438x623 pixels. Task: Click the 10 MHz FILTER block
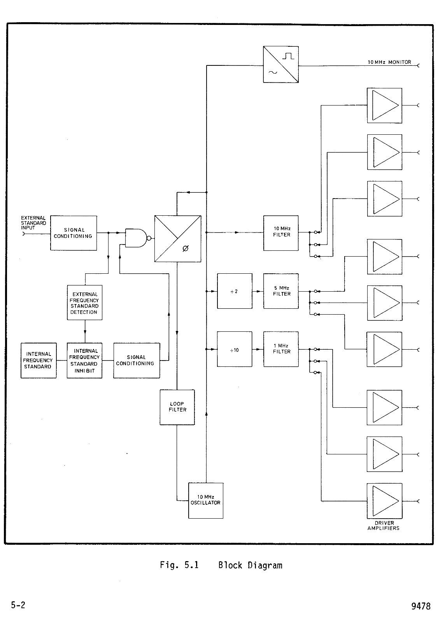point(281,233)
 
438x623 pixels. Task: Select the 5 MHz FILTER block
point(281,291)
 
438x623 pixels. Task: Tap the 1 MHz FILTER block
point(281,349)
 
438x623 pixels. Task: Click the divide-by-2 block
point(235,291)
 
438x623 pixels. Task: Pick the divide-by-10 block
point(235,349)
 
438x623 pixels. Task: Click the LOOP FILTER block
point(177,407)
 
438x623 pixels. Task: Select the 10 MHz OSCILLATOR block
point(206,501)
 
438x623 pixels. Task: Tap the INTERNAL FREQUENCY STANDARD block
point(39,361)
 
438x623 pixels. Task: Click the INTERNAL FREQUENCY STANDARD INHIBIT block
point(84,361)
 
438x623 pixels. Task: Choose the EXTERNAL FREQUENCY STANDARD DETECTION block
point(84,303)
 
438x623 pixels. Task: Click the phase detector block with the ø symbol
point(178,239)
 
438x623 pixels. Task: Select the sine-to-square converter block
point(281,65)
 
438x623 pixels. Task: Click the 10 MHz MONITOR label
point(389,62)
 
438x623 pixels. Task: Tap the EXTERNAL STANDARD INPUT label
point(33,223)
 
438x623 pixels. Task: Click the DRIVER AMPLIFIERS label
point(384,525)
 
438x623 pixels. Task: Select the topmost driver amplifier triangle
point(385,106)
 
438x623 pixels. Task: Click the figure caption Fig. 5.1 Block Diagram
point(221,565)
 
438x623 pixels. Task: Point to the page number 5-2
point(18,605)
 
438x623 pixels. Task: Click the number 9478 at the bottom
point(421,606)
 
